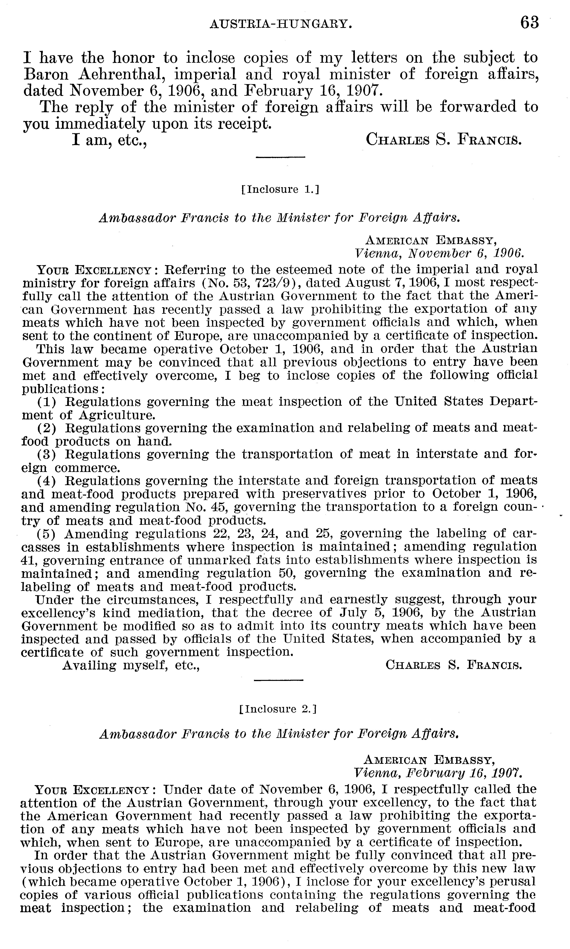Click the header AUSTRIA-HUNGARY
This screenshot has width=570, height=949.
click(281, 25)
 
